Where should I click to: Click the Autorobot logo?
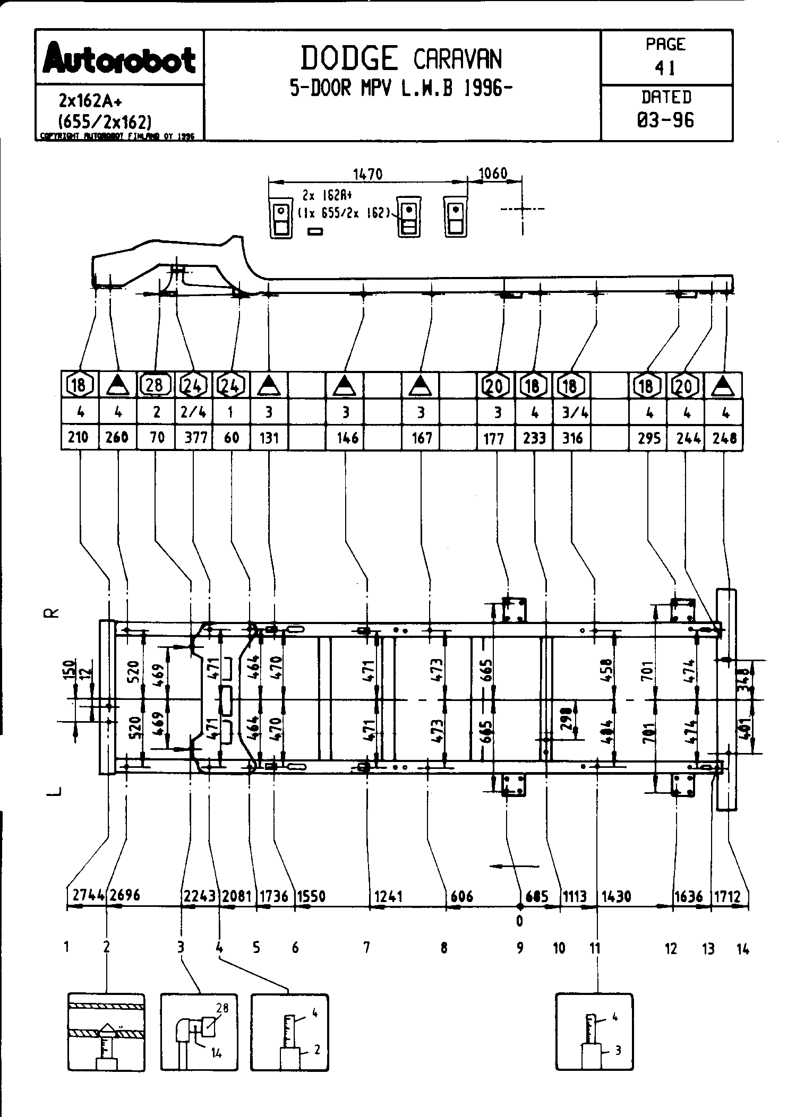(x=119, y=58)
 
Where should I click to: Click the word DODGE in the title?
(x=349, y=58)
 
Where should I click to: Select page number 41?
(x=665, y=68)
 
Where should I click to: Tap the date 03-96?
(x=665, y=120)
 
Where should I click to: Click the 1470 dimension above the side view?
(x=367, y=174)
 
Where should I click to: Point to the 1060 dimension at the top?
(x=493, y=173)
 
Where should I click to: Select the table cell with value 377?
(x=194, y=437)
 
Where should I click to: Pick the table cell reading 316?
(x=572, y=437)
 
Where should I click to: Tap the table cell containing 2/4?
(x=194, y=412)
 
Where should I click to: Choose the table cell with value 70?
(x=157, y=437)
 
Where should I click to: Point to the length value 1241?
(x=389, y=896)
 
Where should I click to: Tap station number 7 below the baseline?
(x=366, y=947)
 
